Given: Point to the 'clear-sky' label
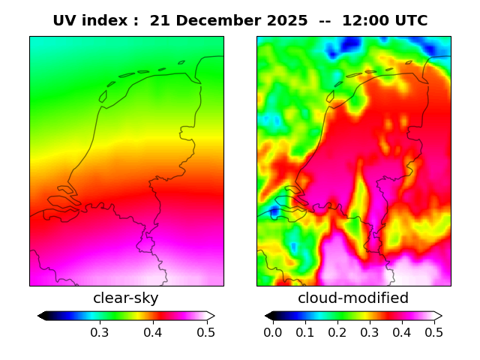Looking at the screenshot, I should pos(126,298).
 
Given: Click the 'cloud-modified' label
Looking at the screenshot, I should pos(353,298).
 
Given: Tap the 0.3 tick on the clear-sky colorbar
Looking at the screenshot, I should pos(100,331).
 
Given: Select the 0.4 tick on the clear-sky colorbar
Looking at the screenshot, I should pos(153,331).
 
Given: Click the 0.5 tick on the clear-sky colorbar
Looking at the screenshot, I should pos(206,331).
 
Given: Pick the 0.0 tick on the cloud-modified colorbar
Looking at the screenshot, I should pos(273,331).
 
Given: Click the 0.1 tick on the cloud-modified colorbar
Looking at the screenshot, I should pos(305,331).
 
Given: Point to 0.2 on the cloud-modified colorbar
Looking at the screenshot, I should pos(337,331).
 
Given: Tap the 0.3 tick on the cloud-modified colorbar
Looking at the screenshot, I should pos(369,331).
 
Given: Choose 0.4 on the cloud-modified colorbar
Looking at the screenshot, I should pos(401,331).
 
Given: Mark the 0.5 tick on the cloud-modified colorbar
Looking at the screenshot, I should pos(433,331).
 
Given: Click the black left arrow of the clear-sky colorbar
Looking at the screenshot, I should pos(42,316).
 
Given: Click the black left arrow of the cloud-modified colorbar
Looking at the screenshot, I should pos(269,316).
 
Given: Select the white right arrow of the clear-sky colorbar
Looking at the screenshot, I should pos(211,316).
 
